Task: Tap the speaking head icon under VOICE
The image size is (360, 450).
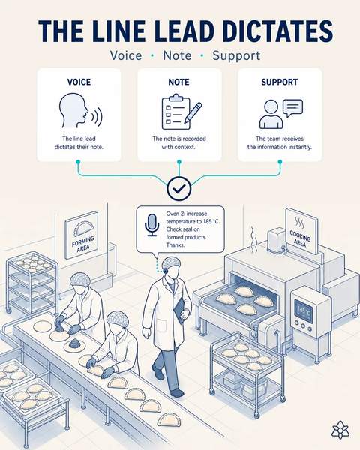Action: [80, 111]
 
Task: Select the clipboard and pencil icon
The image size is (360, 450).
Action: [181, 112]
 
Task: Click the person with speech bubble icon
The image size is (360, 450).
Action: [281, 114]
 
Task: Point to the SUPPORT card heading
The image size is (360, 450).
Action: [279, 82]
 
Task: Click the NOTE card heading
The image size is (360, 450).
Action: [178, 82]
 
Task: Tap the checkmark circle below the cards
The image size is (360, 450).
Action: [179, 188]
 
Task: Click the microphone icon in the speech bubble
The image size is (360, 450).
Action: [151, 225]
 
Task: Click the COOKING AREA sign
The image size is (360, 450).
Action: [301, 231]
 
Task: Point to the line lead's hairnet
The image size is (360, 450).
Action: [171, 262]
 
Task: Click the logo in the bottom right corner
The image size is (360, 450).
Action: [340, 430]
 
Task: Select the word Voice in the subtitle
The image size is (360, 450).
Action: [126, 55]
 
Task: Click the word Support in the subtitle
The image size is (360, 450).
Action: [236, 55]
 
